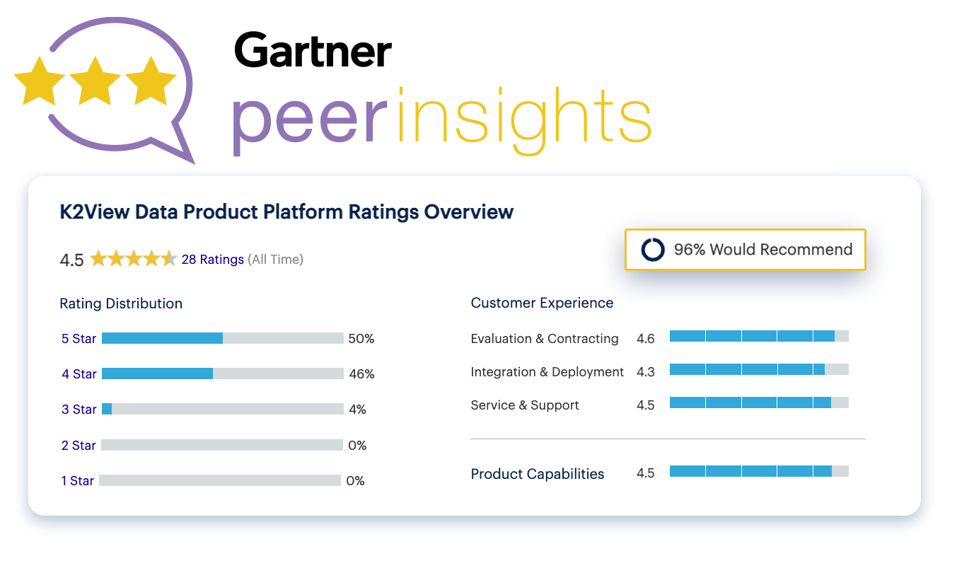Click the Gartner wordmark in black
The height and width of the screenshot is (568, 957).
coord(313,50)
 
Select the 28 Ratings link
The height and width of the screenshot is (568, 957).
coord(212,260)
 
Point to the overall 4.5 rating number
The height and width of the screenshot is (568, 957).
coord(71,260)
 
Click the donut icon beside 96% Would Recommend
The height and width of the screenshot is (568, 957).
coord(652,250)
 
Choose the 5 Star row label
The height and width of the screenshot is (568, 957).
coord(79,339)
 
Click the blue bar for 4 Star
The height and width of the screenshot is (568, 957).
coord(157,373)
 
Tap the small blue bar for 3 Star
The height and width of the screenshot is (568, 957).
coord(107,409)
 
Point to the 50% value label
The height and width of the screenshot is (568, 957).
coord(361,339)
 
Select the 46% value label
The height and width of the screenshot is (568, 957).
coord(361,374)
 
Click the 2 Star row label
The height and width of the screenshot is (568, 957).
coord(79,446)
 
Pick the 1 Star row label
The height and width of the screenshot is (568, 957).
coord(77,481)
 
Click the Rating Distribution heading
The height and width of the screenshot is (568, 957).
coord(121,303)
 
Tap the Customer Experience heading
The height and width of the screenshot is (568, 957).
coord(542,303)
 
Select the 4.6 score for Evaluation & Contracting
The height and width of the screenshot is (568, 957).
coord(645,339)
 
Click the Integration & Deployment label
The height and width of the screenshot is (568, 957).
coord(547,372)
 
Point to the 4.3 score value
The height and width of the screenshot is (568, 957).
coord(645,372)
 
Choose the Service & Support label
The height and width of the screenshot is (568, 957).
coord(524,405)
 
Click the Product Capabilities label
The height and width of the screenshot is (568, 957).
coord(537,474)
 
